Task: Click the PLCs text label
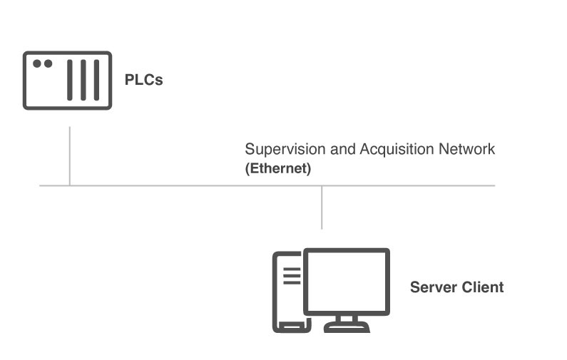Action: tap(143, 80)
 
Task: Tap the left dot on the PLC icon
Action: tap(37, 63)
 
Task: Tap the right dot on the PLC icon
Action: tap(48, 63)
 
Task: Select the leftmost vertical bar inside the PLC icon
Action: tap(70, 80)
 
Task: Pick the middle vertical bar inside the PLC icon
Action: tap(83, 80)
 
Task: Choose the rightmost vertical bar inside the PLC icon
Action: tap(96, 80)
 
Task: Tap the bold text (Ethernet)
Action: tap(278, 170)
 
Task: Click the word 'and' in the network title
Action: tap(337, 150)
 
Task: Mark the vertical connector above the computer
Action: tap(322, 207)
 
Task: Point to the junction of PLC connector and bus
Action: tap(69, 185)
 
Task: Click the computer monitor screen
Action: tap(347, 281)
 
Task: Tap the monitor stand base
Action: tap(347, 327)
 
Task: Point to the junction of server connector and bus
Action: tap(322, 185)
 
